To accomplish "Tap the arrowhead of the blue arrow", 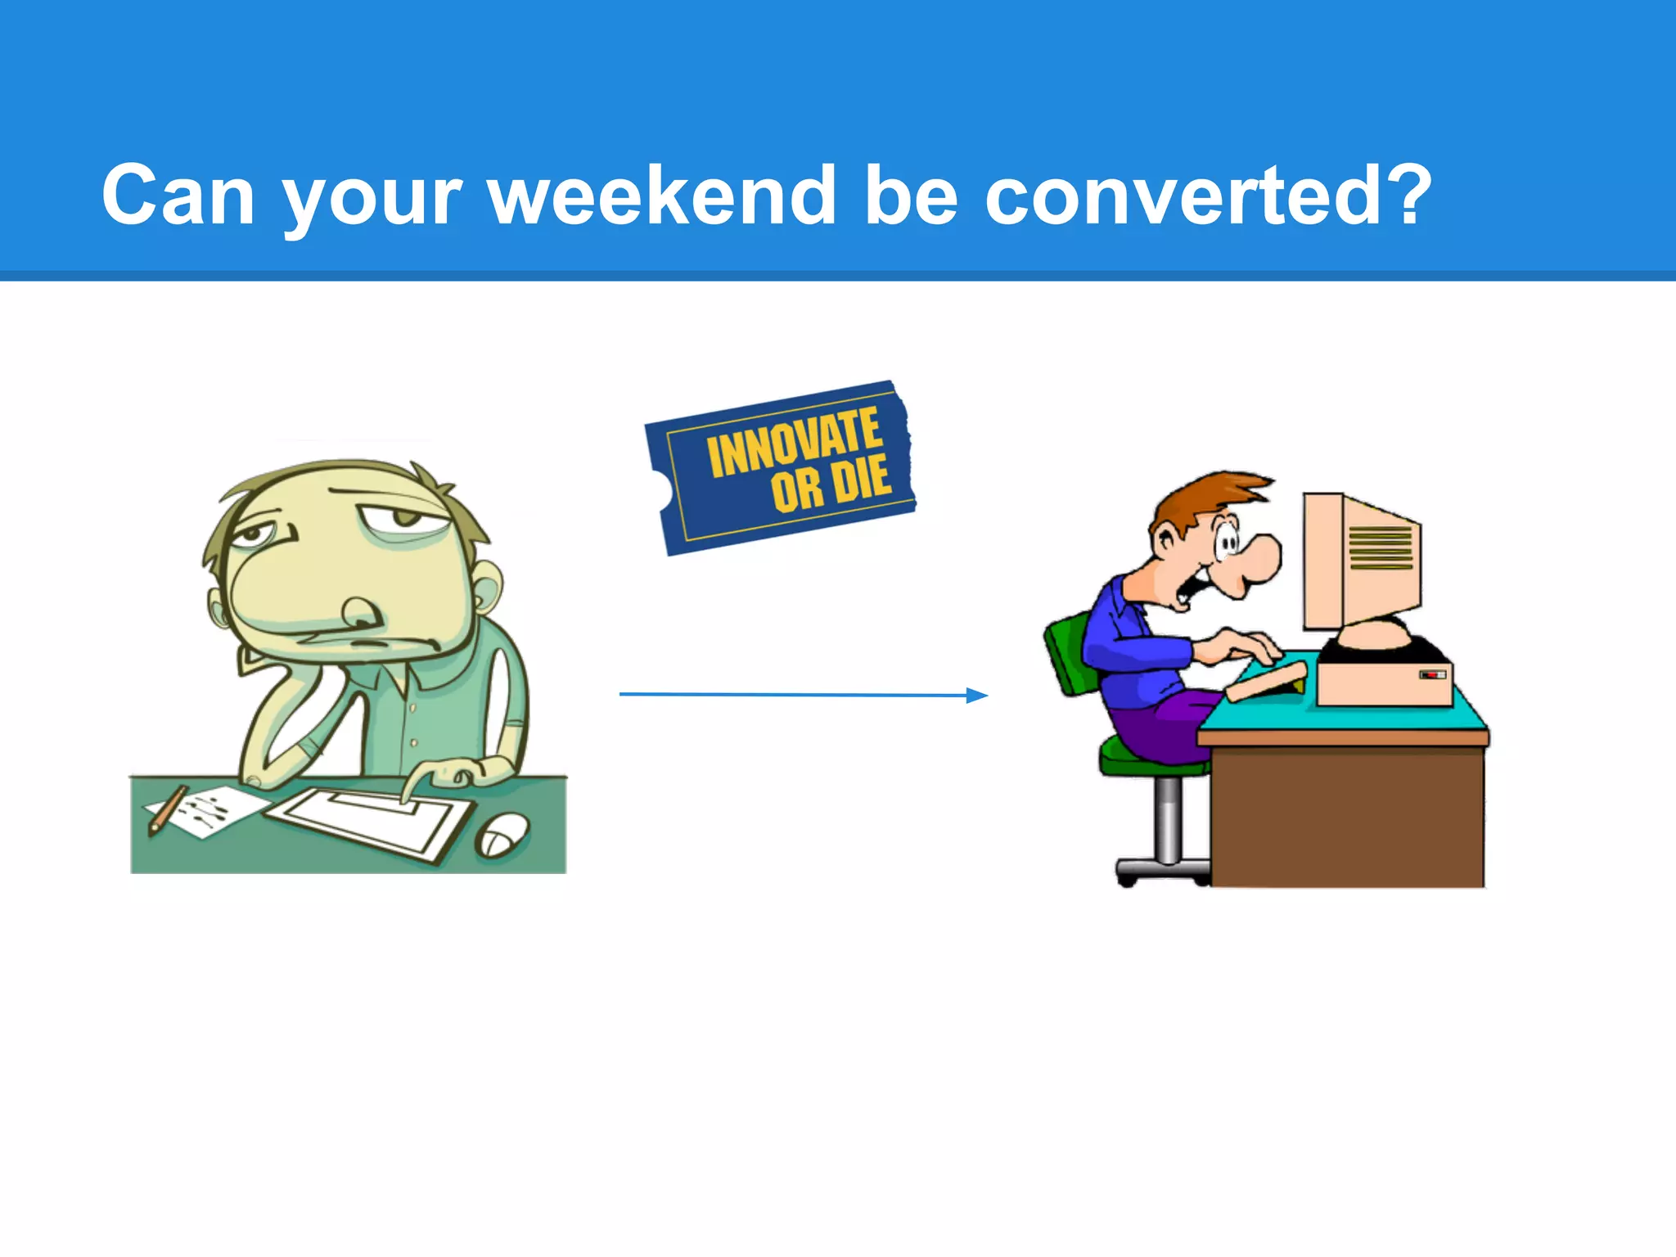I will [977, 696].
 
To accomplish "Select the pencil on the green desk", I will [169, 809].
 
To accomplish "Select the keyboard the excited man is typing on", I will [1267, 681].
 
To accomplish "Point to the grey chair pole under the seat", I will [1169, 818].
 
